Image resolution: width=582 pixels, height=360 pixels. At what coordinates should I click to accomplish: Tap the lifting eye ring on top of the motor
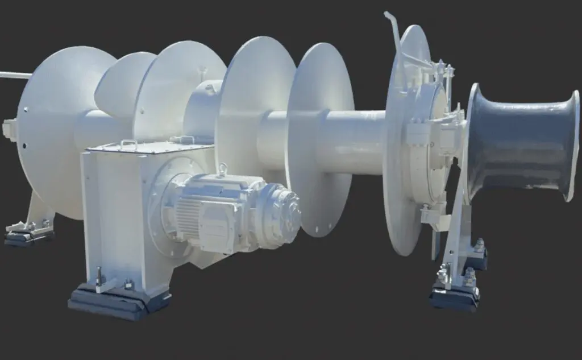pyautogui.click(x=222, y=169)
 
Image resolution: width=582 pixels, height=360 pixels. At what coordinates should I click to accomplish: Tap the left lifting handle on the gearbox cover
pyautogui.click(x=128, y=144)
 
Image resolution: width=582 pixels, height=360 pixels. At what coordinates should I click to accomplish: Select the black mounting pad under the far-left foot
pyautogui.click(x=28, y=235)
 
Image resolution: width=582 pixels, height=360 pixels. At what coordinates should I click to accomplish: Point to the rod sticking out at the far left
pyautogui.click(x=14, y=75)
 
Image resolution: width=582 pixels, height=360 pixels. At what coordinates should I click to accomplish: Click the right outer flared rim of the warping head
pyautogui.click(x=571, y=145)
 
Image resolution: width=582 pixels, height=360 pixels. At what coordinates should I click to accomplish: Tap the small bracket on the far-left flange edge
pyautogui.click(x=9, y=130)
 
